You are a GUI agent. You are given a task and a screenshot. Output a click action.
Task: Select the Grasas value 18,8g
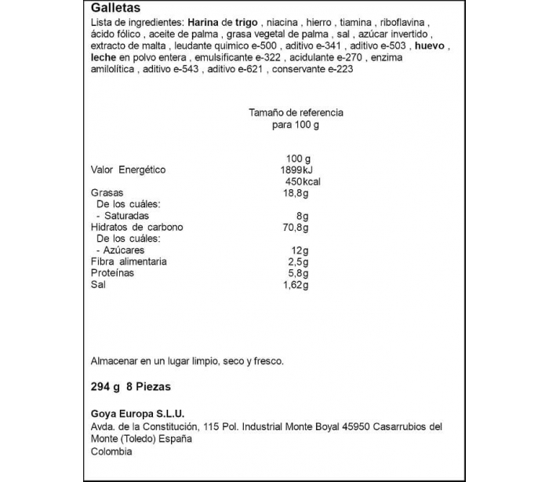(295, 193)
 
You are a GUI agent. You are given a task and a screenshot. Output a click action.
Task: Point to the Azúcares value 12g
(299, 250)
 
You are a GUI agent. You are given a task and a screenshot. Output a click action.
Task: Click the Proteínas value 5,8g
(296, 272)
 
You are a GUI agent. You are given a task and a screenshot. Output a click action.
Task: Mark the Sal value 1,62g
(295, 284)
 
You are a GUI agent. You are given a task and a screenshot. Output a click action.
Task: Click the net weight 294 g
(105, 387)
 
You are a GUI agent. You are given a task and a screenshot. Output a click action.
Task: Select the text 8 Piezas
(148, 387)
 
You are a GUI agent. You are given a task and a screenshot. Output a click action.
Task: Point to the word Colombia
(111, 451)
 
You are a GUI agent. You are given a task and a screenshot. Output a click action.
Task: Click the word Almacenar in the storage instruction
(115, 361)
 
